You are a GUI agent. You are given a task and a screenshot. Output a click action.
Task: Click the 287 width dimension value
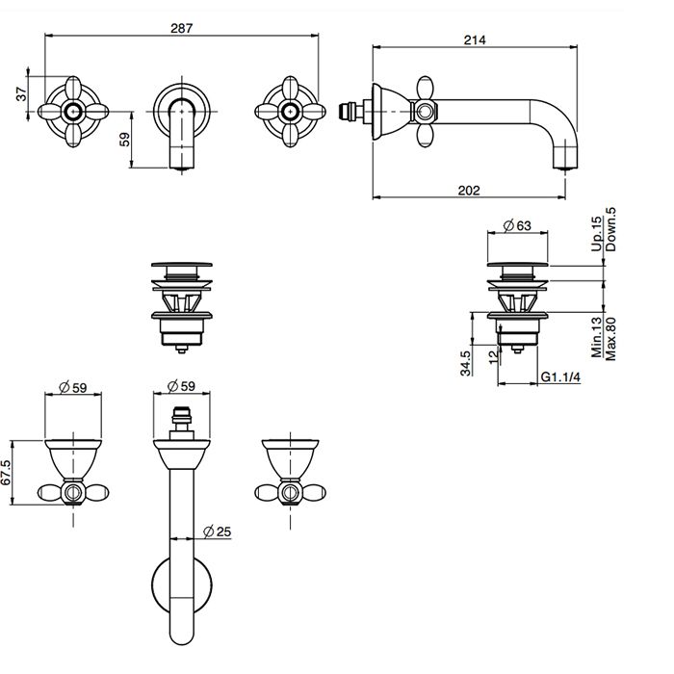click(182, 28)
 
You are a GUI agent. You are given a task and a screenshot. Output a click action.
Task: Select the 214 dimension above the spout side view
click(473, 39)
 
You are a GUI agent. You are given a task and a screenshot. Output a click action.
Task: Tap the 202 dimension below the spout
click(468, 191)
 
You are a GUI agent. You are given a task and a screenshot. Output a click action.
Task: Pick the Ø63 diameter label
click(517, 227)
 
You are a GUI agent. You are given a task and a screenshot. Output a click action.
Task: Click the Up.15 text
click(597, 235)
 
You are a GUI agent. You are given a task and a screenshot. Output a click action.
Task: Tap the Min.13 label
click(597, 339)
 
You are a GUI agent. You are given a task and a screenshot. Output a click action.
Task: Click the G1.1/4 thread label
click(560, 377)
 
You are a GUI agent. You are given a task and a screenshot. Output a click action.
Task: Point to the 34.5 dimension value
click(466, 363)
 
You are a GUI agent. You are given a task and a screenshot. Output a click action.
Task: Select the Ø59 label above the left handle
click(73, 387)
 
